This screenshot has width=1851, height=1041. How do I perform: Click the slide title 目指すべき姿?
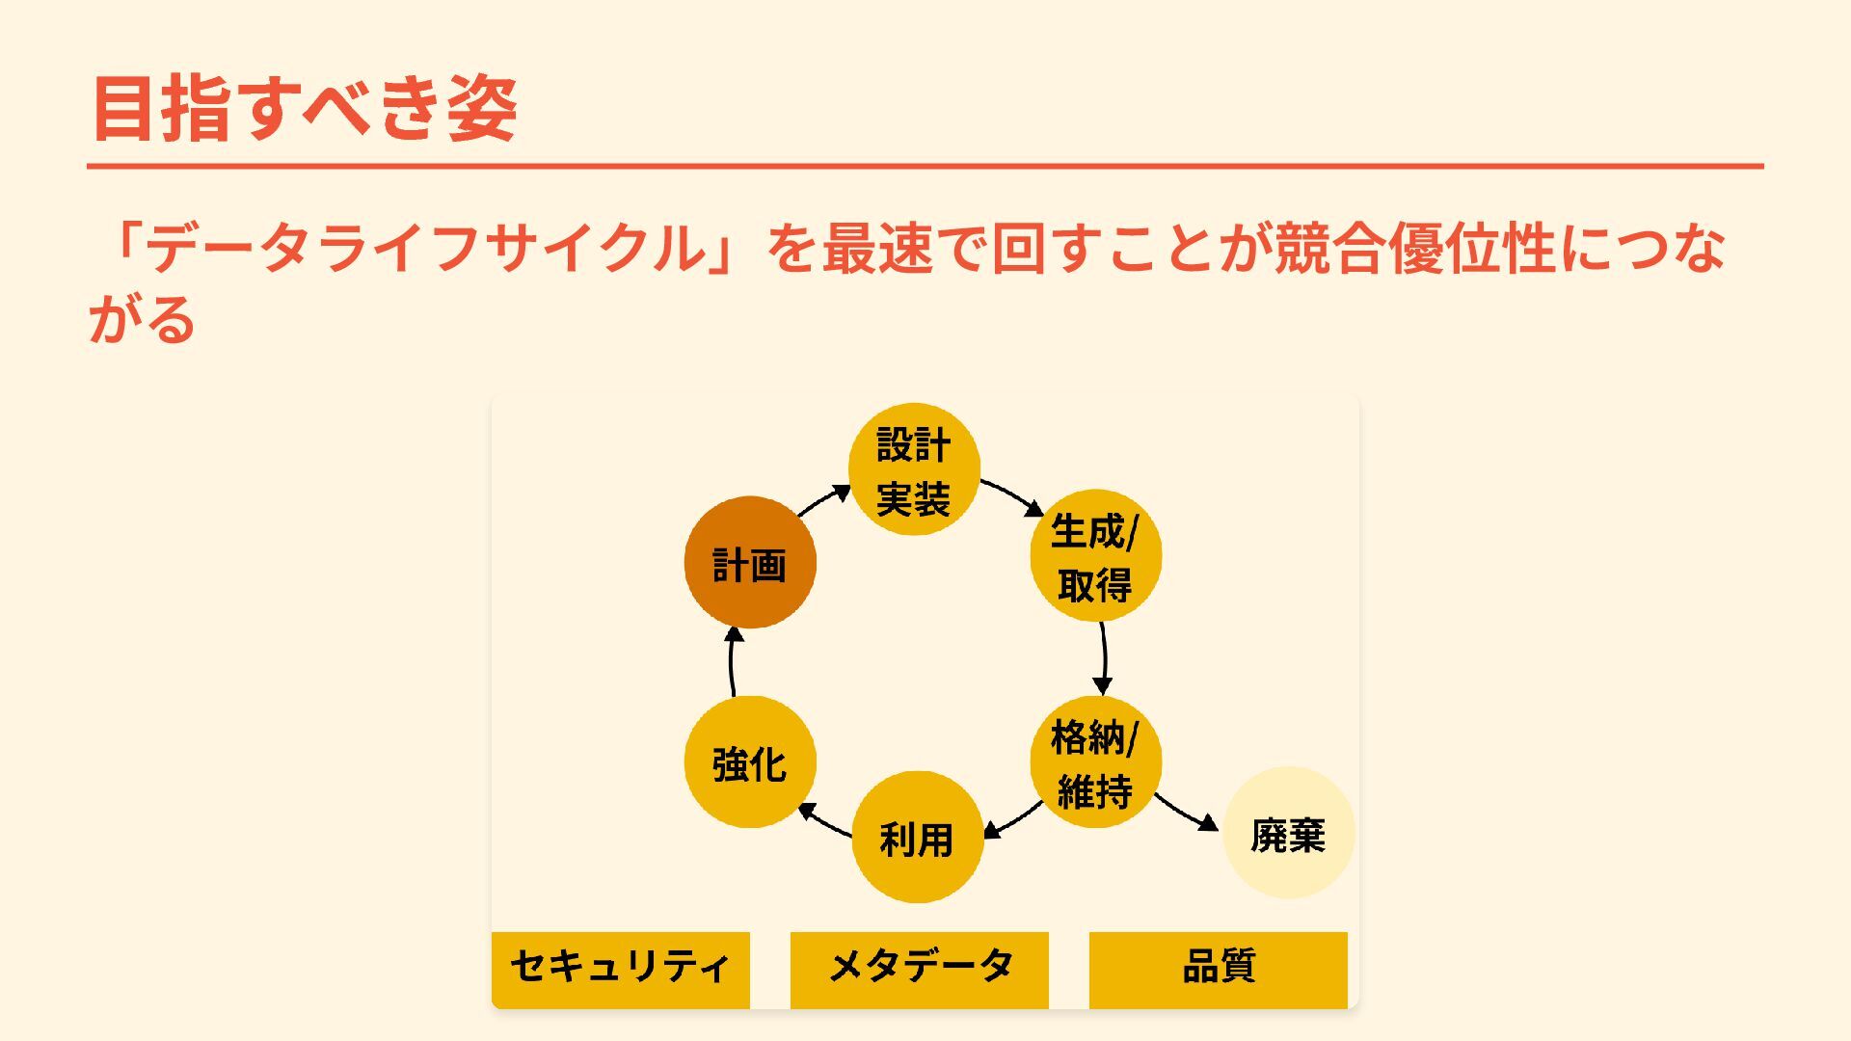(305, 108)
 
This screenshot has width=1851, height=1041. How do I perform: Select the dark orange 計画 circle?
(750, 563)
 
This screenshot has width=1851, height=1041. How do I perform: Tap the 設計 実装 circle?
(914, 469)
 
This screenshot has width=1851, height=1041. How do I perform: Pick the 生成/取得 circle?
(1095, 556)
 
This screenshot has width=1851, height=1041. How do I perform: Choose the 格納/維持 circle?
(1095, 762)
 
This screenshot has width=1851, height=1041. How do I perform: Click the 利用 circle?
(917, 838)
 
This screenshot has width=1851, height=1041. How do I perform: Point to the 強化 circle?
(750, 762)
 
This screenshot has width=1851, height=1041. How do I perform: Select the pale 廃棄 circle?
(1288, 834)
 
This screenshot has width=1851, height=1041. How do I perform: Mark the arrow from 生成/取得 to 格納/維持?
(1104, 658)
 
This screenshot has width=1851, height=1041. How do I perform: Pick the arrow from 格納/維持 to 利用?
(1013, 819)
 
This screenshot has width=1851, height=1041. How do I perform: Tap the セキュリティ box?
(621, 969)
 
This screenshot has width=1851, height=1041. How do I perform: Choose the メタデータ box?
(920, 969)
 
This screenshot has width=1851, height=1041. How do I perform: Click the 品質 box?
(1219, 969)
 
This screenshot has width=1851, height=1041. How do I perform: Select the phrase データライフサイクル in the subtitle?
(425, 248)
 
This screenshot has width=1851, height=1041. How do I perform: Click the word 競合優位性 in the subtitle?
(1414, 248)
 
